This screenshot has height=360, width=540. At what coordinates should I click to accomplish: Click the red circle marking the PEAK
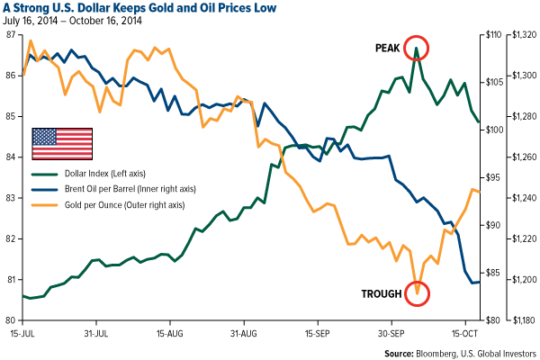point(417,48)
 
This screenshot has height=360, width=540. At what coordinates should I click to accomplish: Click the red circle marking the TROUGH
point(417,293)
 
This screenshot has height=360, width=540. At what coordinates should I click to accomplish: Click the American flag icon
point(62,143)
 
